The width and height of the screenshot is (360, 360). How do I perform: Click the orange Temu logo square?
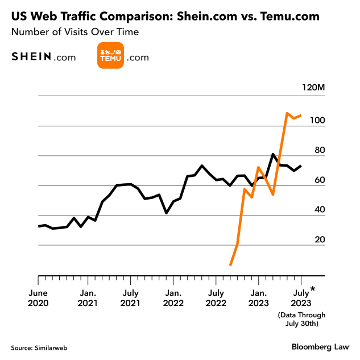pos(111,56)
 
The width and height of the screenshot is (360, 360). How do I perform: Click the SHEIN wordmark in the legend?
pos(31,57)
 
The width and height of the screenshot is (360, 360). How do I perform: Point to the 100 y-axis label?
pos(317,121)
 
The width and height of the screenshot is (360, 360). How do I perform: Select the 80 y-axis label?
pos(319,150)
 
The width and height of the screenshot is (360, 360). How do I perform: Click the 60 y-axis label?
pos(319,180)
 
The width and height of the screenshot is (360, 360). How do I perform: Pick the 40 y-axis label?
pos(319,210)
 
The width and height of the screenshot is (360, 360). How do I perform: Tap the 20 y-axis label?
pos(319,239)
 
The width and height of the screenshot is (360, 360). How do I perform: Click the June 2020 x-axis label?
pos(38,298)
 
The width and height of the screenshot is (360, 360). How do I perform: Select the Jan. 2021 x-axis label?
pos(88,298)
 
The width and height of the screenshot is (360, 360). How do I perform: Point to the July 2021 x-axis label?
pos(130,298)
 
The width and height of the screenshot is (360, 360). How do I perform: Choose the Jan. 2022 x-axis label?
pos(173,298)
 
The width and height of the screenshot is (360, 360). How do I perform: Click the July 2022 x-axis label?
pos(216,298)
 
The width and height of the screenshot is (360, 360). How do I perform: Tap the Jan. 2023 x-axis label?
pos(258,298)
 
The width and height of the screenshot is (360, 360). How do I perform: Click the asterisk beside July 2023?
pos(312,290)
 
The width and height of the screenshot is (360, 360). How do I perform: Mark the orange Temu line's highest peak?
pos(287,113)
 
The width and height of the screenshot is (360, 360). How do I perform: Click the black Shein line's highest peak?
pos(273,154)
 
